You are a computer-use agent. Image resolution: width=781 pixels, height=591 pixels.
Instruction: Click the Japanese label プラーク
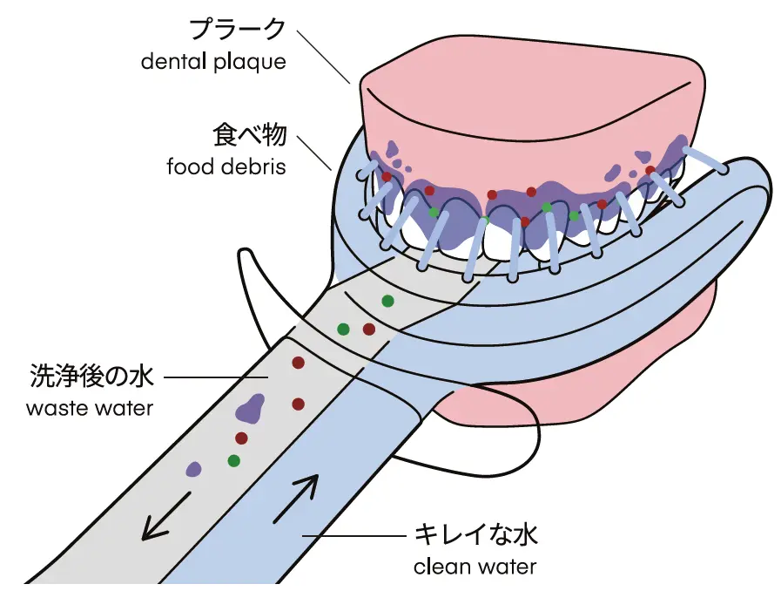pos(237,29)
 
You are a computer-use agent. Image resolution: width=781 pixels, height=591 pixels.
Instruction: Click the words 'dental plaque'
pos(213,62)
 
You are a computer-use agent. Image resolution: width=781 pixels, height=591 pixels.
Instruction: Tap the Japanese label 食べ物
pos(249,134)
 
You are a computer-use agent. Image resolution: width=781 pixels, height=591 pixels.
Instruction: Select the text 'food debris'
pos(226,166)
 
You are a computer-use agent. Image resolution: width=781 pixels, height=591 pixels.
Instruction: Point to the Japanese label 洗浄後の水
pos(91,377)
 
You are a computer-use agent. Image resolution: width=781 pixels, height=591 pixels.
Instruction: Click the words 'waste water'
pos(90,408)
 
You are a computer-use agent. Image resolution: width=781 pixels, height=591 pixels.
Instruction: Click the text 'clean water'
pos(475,567)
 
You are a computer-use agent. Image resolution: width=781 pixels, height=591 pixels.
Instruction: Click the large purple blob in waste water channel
pos(251,407)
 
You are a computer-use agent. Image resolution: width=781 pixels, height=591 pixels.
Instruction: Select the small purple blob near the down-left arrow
pos(194,468)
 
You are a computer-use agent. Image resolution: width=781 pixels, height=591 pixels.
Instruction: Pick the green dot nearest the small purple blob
pos(233,459)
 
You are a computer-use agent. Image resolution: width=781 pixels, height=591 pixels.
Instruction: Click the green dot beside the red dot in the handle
pos(344,329)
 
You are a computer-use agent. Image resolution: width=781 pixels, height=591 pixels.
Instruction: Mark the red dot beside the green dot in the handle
pos(368,329)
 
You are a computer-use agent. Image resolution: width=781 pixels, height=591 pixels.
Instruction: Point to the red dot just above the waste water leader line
pos(298,362)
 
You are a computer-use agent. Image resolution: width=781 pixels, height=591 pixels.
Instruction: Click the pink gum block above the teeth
pos(531,96)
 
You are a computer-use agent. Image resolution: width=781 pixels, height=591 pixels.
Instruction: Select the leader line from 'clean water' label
pos(353,534)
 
